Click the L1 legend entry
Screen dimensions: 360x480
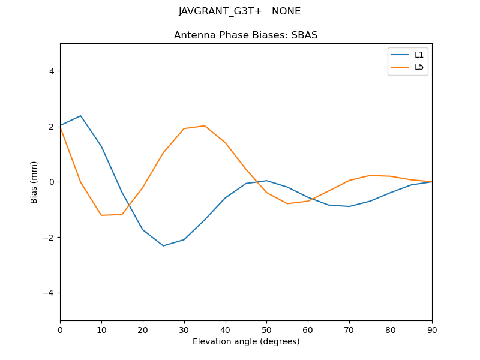(x=419, y=55)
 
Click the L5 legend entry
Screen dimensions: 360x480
(x=419, y=67)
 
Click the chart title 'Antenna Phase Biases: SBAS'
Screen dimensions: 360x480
(x=245, y=35)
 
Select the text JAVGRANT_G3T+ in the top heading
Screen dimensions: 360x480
(x=220, y=11)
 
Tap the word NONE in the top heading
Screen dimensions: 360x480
(x=286, y=11)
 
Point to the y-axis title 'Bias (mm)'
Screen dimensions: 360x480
(x=34, y=182)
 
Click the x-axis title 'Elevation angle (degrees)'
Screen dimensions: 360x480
(x=245, y=341)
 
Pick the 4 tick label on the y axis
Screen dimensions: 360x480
(x=51, y=71)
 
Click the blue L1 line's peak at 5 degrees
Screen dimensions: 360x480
(x=80, y=116)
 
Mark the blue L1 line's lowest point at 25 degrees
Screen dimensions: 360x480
(x=163, y=245)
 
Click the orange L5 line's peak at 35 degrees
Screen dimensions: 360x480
(x=205, y=125)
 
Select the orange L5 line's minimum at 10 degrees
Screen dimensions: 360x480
(x=101, y=215)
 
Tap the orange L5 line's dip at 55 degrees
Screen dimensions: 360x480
(x=287, y=203)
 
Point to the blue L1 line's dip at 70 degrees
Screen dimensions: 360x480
(x=349, y=206)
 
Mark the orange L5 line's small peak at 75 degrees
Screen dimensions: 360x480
(x=370, y=175)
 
